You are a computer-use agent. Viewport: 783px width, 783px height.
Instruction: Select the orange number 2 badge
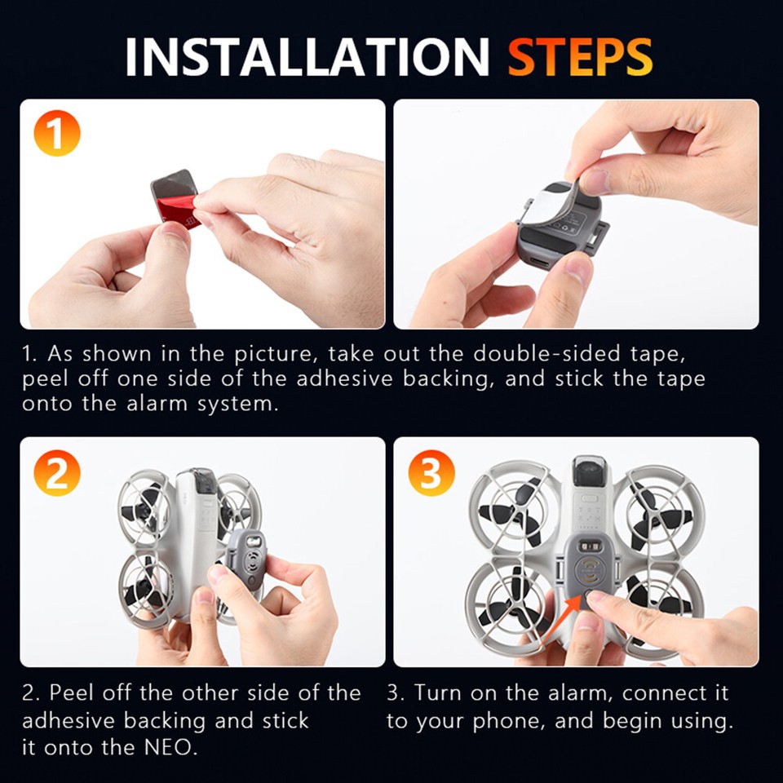pos(56,472)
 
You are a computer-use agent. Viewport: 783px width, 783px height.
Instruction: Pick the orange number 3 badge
pos(430,472)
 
